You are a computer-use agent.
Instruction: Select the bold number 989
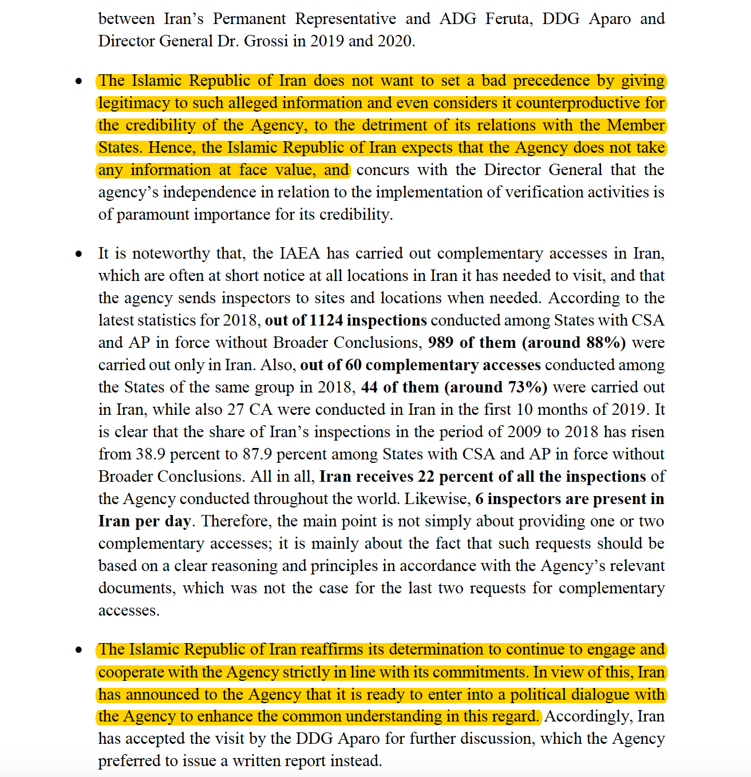coord(441,343)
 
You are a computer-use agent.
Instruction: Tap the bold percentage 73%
coord(525,387)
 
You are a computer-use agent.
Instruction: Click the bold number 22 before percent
coord(426,477)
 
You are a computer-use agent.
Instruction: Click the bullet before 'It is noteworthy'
coord(79,253)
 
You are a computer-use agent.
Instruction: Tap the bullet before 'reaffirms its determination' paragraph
coord(79,650)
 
